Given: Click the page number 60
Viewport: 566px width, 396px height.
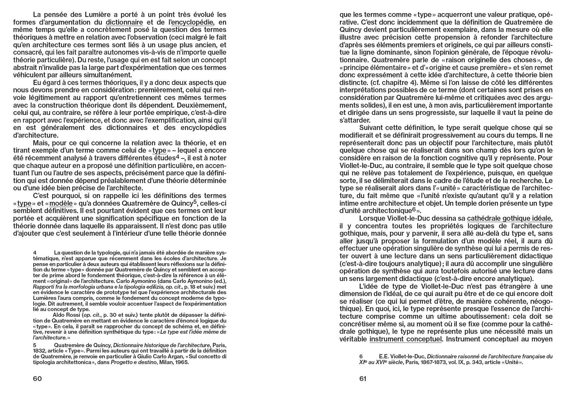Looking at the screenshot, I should pyautogui.click(x=37, y=379).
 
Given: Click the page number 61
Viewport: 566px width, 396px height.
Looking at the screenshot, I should pyautogui.click(x=363, y=379).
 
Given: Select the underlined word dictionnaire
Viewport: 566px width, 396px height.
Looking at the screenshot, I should pyautogui.click(x=124, y=22).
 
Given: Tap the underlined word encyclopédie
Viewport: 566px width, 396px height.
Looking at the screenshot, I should pyautogui.click(x=192, y=22).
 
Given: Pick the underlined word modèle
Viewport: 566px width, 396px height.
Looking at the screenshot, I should pyautogui.click(x=61, y=203).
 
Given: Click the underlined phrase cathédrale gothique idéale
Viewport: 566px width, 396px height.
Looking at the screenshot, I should pyautogui.click(x=509, y=218).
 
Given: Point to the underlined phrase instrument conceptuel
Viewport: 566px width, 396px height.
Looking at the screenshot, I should pyautogui.click(x=406, y=339).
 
